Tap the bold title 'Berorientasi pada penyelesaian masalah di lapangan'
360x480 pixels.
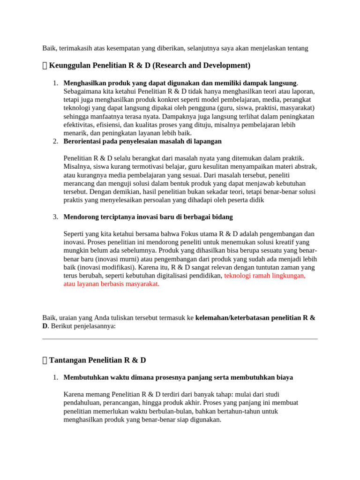pos(142,141)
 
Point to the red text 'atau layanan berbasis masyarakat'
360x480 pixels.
pos(111,284)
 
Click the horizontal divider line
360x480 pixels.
pos(180,338)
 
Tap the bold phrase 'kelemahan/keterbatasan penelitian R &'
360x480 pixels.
pos(255,317)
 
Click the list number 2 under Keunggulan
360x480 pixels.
pos(55,141)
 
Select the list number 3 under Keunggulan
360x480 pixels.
pos(55,217)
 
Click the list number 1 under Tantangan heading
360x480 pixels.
pos(55,377)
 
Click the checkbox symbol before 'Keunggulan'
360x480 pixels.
pos(45,66)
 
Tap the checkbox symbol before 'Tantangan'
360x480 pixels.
pos(45,360)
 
